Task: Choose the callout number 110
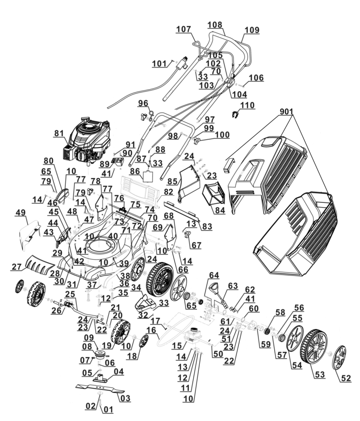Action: [247, 105]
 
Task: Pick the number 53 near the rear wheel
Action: [319, 374]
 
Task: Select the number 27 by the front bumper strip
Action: [17, 267]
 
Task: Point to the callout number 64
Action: [214, 275]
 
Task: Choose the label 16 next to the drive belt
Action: [151, 330]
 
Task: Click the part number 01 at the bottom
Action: [109, 410]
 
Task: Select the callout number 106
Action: [256, 78]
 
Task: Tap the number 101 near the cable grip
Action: [160, 64]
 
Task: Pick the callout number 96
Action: [142, 103]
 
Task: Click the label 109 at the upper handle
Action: [252, 30]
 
